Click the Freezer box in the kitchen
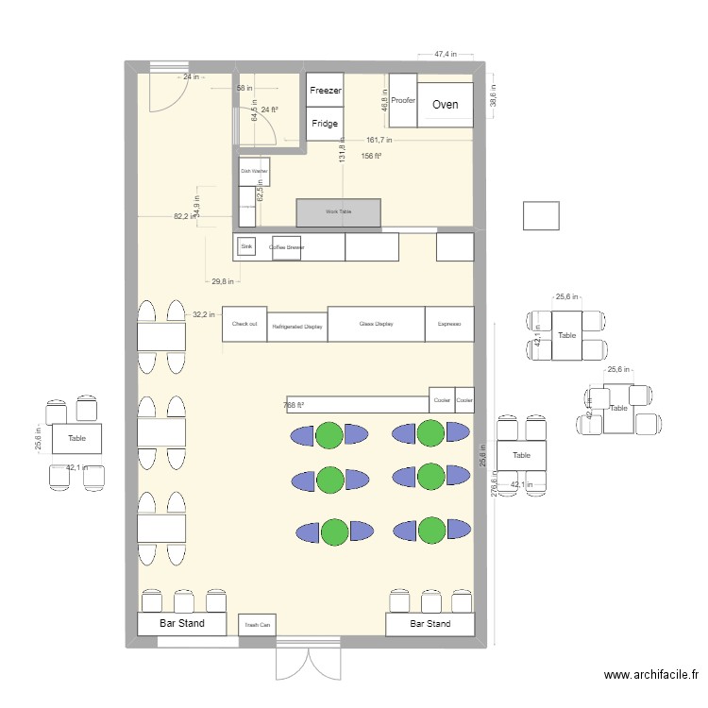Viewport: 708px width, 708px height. [x=325, y=90]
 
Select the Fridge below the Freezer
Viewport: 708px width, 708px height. [x=325, y=124]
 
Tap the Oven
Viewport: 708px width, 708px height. [x=446, y=104]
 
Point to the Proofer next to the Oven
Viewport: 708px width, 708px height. [x=403, y=100]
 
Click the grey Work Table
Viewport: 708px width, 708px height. [x=338, y=212]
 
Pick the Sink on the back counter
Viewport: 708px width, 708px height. [x=246, y=246]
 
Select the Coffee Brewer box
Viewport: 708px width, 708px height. [x=286, y=247]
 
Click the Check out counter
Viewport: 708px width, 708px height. [x=244, y=324]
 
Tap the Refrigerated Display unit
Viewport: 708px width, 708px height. [x=297, y=327]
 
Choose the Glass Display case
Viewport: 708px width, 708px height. [x=376, y=324]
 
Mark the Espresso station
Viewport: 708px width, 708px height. [x=449, y=324]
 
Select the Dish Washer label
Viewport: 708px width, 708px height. [x=254, y=171]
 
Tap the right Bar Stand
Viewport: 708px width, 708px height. [x=430, y=624]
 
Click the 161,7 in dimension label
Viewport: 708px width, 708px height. [x=379, y=140]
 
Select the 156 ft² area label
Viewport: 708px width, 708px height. [x=371, y=157]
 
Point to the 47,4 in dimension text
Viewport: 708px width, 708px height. [x=446, y=55]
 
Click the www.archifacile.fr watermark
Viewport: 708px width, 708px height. [x=650, y=675]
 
